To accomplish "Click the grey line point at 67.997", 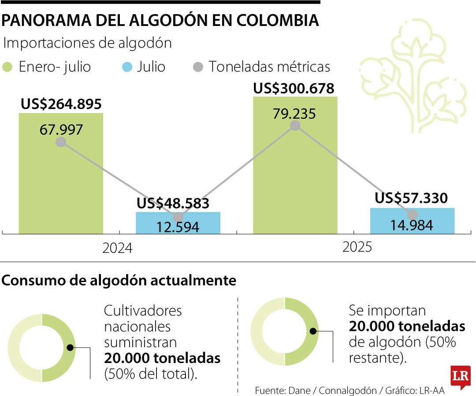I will point(61,142).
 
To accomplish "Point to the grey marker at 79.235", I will point(295,125).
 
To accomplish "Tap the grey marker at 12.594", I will point(178,217).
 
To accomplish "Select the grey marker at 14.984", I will point(412,215).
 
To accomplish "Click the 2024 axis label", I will point(117,249).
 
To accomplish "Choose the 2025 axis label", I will point(357,247).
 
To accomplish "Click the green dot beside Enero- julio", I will point(8,67).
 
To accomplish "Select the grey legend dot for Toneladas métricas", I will point(198,67).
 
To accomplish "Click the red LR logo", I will point(460,377).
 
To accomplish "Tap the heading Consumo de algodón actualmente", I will point(119,281).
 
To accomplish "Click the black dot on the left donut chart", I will point(70,348).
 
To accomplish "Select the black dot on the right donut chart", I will point(313,331).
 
